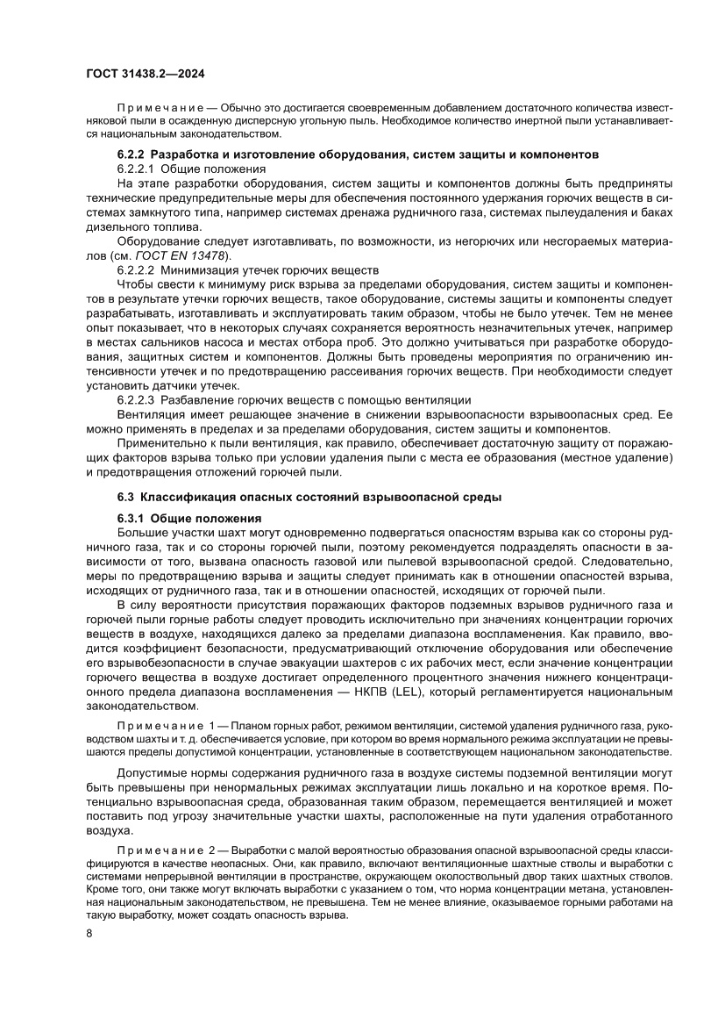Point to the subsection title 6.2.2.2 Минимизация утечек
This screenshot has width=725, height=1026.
coord(235,271)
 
